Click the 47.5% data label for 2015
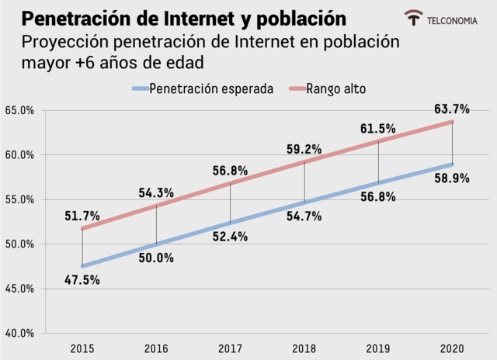coord(82,280)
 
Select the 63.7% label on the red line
coord(452,108)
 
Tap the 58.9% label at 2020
coord(452,178)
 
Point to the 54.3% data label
coord(156,192)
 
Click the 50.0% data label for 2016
coord(156,258)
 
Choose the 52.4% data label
coord(230,237)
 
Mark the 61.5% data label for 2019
coord(378,128)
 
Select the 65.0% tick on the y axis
coord(19,110)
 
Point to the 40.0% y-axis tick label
coord(19,334)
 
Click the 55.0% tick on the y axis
coord(19,199)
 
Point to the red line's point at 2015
coord(82,228)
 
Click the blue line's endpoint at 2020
coord(452,164)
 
